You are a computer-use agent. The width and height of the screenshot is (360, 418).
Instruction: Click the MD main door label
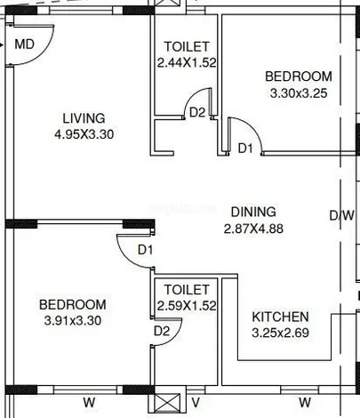pyautogui.click(x=25, y=44)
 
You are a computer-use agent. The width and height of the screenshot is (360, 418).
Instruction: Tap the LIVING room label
pyautogui.click(x=84, y=118)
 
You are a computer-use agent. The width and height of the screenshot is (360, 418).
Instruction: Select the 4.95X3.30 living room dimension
pyautogui.click(x=84, y=134)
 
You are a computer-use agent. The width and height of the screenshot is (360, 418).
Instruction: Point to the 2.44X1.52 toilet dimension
pyautogui.click(x=187, y=62)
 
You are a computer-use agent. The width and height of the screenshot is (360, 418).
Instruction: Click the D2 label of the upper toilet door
pyautogui.click(x=197, y=113)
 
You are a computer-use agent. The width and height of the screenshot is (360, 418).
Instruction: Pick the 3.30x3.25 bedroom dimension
pyautogui.click(x=299, y=93)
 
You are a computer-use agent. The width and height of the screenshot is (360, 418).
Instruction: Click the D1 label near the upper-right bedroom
pyautogui.click(x=245, y=148)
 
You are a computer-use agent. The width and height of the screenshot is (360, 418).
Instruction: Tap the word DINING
pyautogui.click(x=253, y=212)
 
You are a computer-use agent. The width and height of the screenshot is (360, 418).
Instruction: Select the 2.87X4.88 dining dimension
pyautogui.click(x=253, y=229)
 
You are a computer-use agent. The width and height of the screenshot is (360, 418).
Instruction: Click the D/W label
pyautogui.click(x=342, y=215)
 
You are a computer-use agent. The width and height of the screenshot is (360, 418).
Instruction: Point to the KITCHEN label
pyautogui.click(x=280, y=317)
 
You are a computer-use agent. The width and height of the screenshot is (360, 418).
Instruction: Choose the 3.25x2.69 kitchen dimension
pyautogui.click(x=280, y=333)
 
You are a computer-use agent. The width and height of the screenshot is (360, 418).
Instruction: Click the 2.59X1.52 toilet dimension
pyautogui.click(x=187, y=306)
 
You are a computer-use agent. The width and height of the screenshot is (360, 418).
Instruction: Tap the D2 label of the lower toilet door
pyautogui.click(x=162, y=331)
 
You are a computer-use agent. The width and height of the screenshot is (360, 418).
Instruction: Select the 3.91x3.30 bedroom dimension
pyautogui.click(x=73, y=320)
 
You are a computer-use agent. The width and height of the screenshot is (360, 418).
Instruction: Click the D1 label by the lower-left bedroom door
pyautogui.click(x=145, y=250)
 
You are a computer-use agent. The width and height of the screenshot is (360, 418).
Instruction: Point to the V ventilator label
pyautogui.click(x=196, y=403)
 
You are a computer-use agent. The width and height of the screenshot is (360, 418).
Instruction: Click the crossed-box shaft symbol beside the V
pyautogui.click(x=167, y=403)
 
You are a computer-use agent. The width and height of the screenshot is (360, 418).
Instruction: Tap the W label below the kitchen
pyautogui.click(x=305, y=403)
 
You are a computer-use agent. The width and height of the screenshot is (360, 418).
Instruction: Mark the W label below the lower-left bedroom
pyautogui.click(x=89, y=403)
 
